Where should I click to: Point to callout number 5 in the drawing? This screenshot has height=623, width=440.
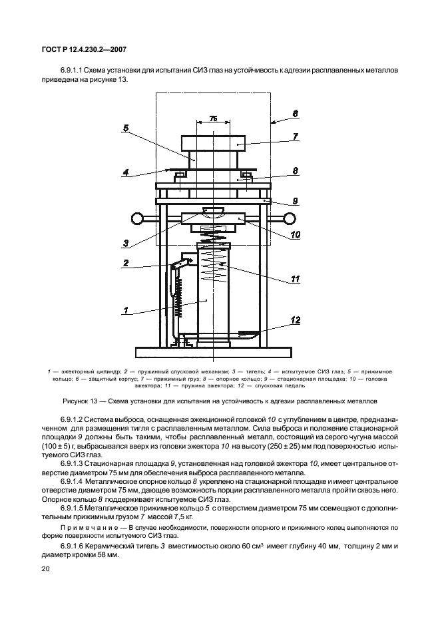tap(124, 128)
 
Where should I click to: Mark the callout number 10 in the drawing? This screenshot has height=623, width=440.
tap(295, 234)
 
